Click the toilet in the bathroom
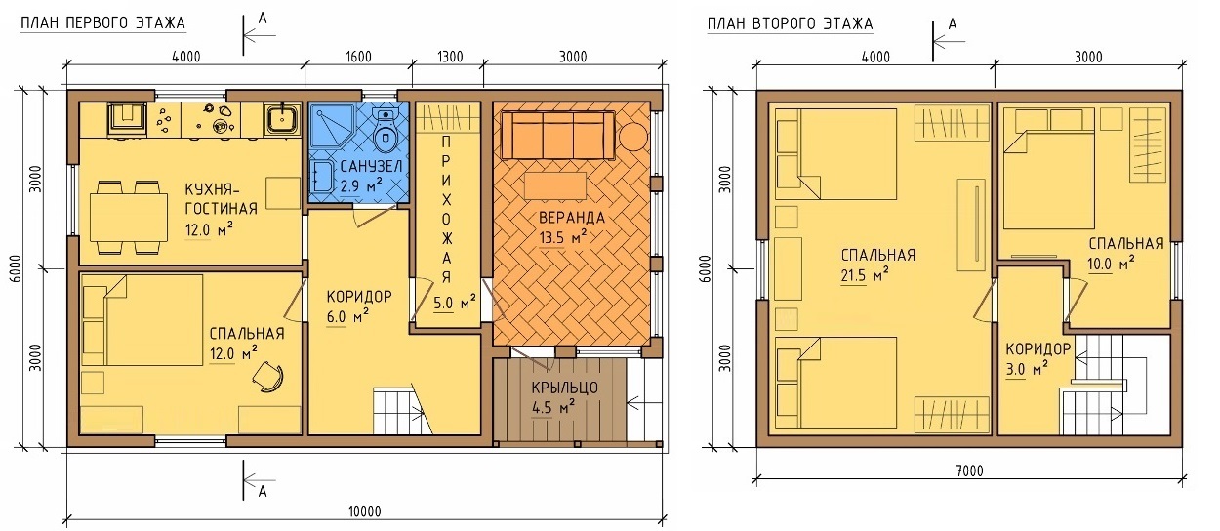click(386, 130)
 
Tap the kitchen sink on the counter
click(282, 119)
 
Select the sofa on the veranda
click(557, 135)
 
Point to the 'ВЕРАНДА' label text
click(572, 218)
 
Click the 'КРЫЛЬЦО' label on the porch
click(565, 388)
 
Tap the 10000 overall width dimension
click(364, 511)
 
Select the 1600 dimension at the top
click(358, 57)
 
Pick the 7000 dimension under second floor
click(969, 470)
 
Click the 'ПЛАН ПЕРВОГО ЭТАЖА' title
click(102, 23)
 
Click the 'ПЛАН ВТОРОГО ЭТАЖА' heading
click(790, 24)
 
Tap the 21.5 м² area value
click(865, 275)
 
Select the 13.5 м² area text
click(563, 237)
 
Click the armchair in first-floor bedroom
click(268, 377)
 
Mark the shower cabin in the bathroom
click(332, 129)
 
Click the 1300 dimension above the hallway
click(450, 57)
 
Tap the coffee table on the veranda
click(555, 186)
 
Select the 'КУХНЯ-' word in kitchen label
click(213, 189)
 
